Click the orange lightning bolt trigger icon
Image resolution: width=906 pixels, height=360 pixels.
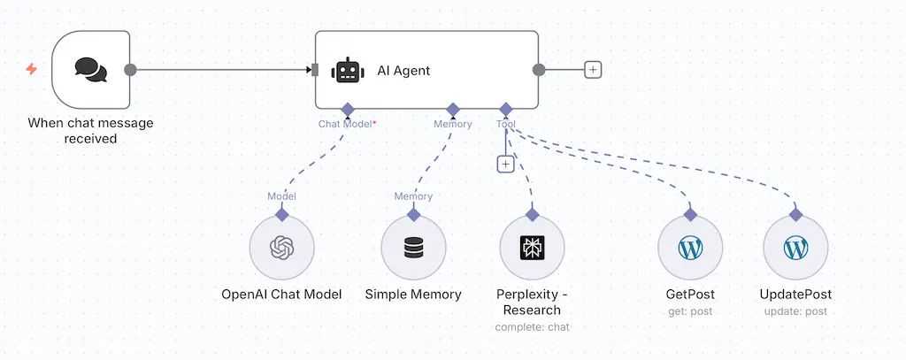(x=32, y=69)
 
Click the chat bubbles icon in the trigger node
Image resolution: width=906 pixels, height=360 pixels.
(x=90, y=70)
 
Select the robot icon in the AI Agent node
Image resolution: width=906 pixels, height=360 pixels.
(x=347, y=71)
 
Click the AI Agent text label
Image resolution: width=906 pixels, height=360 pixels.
(x=403, y=71)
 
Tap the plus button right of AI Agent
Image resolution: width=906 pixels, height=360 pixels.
(x=593, y=70)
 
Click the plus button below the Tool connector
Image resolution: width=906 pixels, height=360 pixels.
(x=505, y=164)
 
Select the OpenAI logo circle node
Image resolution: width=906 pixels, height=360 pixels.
(x=282, y=249)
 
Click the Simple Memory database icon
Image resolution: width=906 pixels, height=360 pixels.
(x=413, y=249)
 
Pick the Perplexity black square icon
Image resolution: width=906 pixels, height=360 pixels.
(x=532, y=249)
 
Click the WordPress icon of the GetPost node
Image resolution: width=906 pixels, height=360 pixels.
(x=690, y=249)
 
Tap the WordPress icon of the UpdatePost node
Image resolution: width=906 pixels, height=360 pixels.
(x=795, y=249)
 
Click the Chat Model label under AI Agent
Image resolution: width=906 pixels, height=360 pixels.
(x=347, y=125)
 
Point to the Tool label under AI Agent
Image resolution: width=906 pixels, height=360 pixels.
(x=506, y=125)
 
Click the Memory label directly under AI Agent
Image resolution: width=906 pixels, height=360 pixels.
(x=452, y=125)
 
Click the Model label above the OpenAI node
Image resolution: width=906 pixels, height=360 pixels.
(x=281, y=196)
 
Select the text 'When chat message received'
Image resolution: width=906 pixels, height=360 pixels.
(x=90, y=131)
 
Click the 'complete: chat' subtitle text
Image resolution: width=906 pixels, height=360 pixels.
(x=532, y=327)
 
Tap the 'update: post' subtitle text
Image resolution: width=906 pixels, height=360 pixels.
(x=795, y=311)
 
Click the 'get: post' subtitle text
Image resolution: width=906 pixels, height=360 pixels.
(x=690, y=311)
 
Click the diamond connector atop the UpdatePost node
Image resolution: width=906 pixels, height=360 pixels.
(x=795, y=214)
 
